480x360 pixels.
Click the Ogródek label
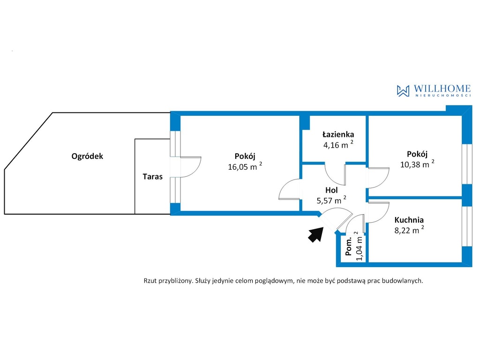[x=87, y=157]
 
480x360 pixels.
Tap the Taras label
[x=152, y=177]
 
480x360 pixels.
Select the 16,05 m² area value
[x=245, y=166]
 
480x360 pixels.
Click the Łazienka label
[x=338, y=135]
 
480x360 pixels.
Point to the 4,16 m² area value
[x=338, y=144]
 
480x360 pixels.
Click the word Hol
[x=331, y=190]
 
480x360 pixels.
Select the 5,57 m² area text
[x=331, y=200]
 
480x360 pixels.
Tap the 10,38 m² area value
[x=417, y=164]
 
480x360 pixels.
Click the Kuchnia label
[x=409, y=220]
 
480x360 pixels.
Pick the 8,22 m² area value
[x=409, y=230]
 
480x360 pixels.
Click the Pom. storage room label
[x=349, y=247]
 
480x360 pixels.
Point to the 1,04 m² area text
[x=359, y=246]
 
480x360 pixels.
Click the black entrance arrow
[x=316, y=235]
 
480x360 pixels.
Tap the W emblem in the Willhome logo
[x=403, y=91]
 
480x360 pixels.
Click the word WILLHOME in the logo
[x=442, y=89]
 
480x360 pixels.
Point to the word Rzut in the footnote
[x=150, y=281]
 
